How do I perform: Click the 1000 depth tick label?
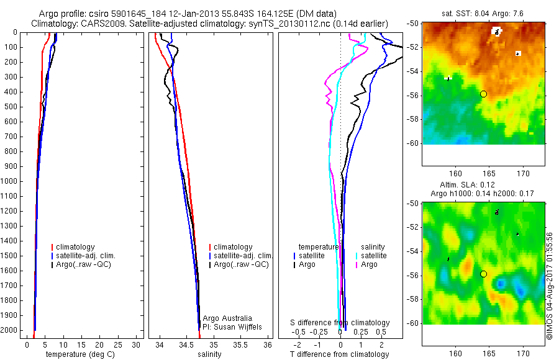click(x=11, y=181)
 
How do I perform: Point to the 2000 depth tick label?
click(x=11, y=331)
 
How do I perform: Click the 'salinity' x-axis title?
click(x=209, y=354)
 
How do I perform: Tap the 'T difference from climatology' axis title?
click(x=339, y=354)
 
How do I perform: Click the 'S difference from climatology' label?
click(x=340, y=323)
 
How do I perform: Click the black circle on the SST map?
click(x=483, y=94)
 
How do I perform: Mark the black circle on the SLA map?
click(x=483, y=274)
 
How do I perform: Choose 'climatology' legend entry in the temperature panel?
click(x=77, y=247)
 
